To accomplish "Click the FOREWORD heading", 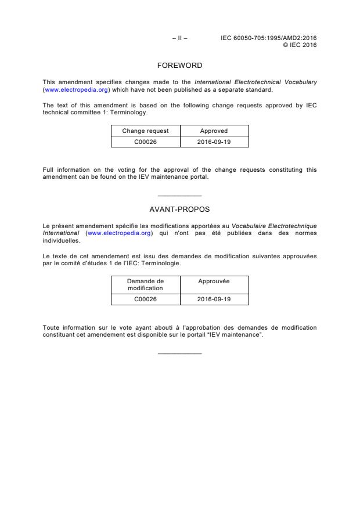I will [179, 66].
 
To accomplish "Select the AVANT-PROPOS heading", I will [179, 209].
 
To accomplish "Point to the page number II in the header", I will [179, 38].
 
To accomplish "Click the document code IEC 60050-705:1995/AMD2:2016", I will [269, 38].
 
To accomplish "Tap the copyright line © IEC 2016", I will [300, 45].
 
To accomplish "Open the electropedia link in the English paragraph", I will [77, 90].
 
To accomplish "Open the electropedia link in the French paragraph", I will [119, 233].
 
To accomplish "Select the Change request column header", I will [145, 131].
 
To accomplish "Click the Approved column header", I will [214, 131].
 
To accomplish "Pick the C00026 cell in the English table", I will [145, 142].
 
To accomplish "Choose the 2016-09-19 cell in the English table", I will [214, 142].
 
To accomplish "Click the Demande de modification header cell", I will [145, 284].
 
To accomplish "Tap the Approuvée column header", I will [214, 281].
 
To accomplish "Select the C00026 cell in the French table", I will [145, 299].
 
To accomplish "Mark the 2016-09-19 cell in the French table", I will [214, 299].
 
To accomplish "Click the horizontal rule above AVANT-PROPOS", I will [179, 196].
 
